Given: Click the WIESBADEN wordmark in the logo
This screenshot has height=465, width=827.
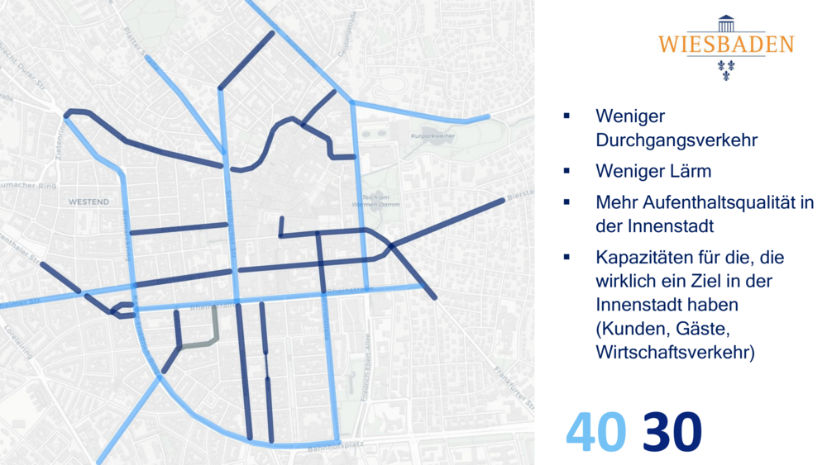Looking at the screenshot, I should point(725,45).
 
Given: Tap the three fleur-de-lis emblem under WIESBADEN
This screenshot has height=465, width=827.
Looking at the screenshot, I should point(725,69).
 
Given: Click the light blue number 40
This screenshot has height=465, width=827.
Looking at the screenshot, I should point(594,432).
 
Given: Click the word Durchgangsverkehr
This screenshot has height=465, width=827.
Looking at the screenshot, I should point(676,140).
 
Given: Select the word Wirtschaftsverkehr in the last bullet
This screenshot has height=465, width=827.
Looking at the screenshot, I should point(673,352).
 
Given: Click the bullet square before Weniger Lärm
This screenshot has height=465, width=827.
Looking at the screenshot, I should point(566,171).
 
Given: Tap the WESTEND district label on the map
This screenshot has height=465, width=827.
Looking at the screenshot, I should point(88,202).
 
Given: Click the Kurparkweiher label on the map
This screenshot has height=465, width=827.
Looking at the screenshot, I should point(433,135).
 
